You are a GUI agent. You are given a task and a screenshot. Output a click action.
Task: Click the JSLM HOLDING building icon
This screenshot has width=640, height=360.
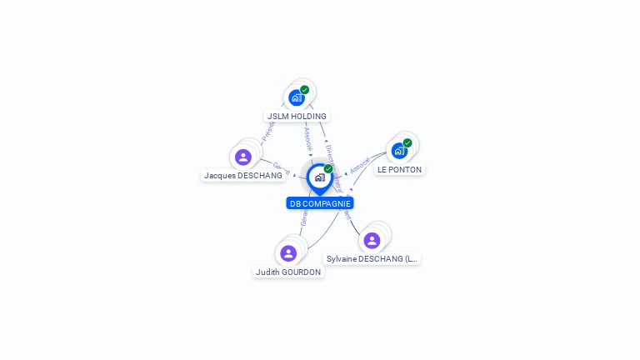click(x=297, y=97)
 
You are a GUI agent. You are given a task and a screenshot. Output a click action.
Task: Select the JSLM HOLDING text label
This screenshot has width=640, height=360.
click(x=297, y=117)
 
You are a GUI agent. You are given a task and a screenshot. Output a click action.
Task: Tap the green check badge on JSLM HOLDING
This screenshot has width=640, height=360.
click(x=305, y=90)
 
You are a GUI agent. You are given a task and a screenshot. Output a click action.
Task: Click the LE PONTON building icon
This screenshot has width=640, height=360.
click(x=400, y=151)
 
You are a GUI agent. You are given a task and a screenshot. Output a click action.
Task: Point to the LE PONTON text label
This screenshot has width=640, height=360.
click(x=399, y=169)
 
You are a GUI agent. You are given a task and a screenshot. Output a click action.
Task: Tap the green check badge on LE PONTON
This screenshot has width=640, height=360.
click(x=407, y=142)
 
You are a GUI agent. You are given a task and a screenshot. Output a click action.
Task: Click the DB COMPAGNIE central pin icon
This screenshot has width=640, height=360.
click(x=319, y=177)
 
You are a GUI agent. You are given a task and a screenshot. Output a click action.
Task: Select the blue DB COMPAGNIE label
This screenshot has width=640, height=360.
click(x=320, y=203)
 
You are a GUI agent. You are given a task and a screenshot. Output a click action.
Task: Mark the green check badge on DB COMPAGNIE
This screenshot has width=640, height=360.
click(x=328, y=168)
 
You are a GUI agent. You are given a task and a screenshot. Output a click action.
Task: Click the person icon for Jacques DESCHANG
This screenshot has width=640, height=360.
click(x=243, y=157)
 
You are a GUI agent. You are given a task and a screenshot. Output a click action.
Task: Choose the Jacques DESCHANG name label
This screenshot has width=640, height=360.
click(x=243, y=176)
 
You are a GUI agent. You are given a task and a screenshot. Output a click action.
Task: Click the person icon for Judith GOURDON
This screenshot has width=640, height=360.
click(x=288, y=253)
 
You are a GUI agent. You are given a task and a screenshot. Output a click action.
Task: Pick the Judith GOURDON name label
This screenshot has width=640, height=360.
click(x=288, y=272)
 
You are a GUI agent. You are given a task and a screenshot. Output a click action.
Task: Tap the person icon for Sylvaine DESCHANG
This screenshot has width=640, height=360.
click(x=372, y=241)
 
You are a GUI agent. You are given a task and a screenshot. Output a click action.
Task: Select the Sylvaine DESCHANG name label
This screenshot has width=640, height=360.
click(x=372, y=259)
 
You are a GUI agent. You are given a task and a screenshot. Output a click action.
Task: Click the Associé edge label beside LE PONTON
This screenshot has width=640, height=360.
click(x=360, y=165)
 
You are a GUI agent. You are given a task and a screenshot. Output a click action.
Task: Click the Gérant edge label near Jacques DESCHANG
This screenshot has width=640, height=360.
click(x=281, y=168)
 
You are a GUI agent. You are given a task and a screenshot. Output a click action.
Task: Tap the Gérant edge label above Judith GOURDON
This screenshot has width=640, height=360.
click(x=304, y=219)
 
